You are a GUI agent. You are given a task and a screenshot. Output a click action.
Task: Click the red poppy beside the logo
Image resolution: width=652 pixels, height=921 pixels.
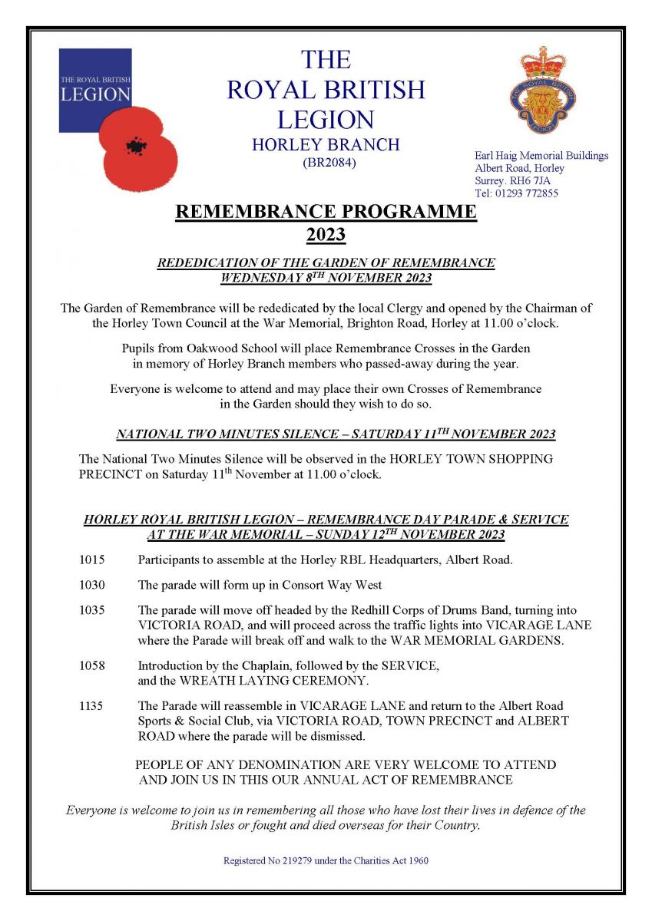(x=139, y=150)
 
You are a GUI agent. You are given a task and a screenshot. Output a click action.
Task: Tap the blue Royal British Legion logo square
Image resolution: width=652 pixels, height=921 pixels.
(x=95, y=90)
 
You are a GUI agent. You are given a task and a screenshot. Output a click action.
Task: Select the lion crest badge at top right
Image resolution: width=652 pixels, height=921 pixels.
(x=543, y=90)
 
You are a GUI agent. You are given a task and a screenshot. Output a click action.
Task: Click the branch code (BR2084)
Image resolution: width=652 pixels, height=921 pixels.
(x=326, y=163)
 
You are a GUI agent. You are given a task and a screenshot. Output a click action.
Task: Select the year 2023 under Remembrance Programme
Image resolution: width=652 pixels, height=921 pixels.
(x=326, y=234)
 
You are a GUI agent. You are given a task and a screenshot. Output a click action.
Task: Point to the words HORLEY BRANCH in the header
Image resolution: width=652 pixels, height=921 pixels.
(x=326, y=144)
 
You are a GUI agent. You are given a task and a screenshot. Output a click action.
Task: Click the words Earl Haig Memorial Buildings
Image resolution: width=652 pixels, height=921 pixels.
(x=541, y=156)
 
